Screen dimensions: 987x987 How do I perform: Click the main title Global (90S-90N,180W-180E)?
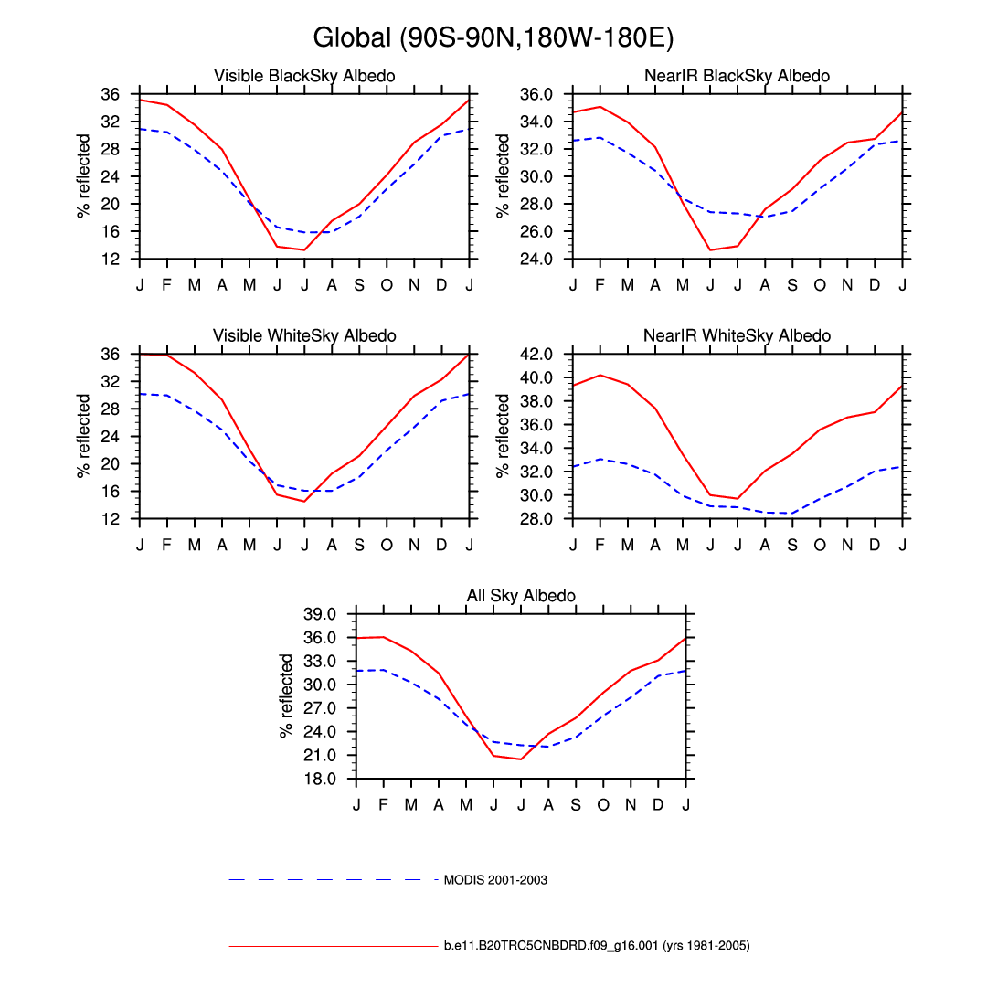493,38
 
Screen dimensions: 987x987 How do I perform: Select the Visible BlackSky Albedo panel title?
304,76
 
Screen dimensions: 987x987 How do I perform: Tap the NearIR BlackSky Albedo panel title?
737,76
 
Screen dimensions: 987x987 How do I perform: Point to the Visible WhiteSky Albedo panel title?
304,336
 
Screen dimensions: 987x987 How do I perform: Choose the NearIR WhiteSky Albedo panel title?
737,336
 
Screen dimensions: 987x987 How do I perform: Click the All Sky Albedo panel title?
521,596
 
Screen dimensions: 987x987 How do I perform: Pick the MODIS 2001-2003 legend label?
495,880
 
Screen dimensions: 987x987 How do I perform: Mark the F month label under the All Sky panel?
384,805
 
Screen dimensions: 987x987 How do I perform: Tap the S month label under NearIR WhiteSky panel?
792,545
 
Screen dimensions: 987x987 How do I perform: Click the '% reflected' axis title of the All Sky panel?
287,695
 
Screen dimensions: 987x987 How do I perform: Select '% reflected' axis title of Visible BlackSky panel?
84,176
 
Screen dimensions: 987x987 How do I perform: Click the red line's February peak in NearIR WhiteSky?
600,375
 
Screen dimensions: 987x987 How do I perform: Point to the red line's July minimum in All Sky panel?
521,759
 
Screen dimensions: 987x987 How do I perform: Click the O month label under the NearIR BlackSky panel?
820,285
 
